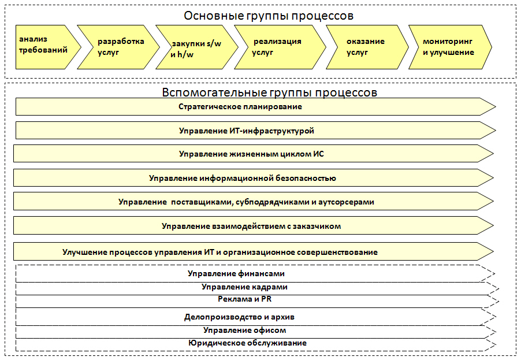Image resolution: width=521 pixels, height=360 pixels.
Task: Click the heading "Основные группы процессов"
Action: (x=269, y=16)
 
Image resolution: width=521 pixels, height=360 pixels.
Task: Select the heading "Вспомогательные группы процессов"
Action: (x=270, y=92)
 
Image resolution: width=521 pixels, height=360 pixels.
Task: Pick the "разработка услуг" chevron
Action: (x=118, y=47)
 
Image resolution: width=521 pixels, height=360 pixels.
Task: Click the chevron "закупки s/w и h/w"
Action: (x=197, y=47)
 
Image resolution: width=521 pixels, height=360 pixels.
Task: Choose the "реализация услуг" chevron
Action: (x=280, y=47)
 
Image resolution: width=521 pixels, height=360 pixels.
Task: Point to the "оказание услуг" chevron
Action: (x=367, y=47)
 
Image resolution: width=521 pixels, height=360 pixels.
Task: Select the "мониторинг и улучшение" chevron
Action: (x=450, y=47)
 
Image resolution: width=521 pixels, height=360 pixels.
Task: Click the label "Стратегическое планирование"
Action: (x=240, y=107)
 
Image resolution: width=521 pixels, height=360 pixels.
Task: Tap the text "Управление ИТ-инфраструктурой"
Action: (x=247, y=131)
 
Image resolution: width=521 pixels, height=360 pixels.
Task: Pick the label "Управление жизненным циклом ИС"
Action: (x=251, y=154)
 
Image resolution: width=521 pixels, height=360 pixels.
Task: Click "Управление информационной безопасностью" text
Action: (x=243, y=179)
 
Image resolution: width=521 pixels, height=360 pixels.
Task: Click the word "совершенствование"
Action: (x=337, y=253)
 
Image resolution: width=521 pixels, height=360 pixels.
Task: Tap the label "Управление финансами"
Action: (x=236, y=274)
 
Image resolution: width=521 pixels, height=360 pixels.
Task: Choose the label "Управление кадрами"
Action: (x=244, y=287)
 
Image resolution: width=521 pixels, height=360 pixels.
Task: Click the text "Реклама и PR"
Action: (x=244, y=299)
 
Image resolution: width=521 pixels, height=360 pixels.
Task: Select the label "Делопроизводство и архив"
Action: (x=240, y=317)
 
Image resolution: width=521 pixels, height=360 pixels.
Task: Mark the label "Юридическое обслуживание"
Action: (x=248, y=343)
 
